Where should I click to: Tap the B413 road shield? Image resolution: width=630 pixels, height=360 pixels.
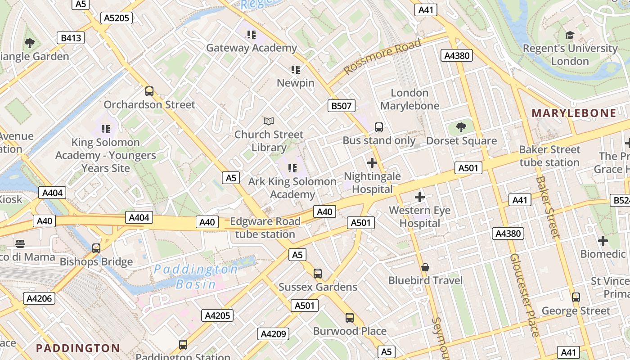point(71,38)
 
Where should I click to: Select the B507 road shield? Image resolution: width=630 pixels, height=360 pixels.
point(341,106)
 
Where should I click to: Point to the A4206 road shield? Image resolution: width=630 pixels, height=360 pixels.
point(39,298)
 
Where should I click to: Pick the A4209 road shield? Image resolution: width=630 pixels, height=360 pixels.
point(273,334)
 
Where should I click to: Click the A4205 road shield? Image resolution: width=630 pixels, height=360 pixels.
point(217,315)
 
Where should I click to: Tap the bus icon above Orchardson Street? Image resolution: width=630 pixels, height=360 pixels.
point(149,91)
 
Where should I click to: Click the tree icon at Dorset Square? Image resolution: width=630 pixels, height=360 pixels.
point(461,127)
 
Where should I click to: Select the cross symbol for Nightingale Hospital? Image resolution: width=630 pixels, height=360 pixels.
point(372,162)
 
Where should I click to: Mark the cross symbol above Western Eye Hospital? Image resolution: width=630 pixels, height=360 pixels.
point(420,197)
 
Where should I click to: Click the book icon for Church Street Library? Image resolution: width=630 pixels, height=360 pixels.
point(269,121)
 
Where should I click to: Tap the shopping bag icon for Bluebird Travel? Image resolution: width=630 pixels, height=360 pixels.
point(425,268)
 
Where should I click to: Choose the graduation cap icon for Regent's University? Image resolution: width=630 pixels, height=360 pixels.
point(570,35)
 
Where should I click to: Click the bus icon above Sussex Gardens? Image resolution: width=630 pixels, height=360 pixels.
point(318,273)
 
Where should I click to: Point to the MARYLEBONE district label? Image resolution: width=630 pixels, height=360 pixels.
point(574,113)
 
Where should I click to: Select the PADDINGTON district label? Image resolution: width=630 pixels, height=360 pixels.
point(78,348)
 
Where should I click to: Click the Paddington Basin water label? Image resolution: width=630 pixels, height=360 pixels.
point(196,277)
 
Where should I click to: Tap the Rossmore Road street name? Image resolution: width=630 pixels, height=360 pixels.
point(382,57)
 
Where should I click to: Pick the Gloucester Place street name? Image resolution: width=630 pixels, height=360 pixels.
point(524,295)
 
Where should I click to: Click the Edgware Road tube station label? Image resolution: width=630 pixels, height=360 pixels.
point(265,228)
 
